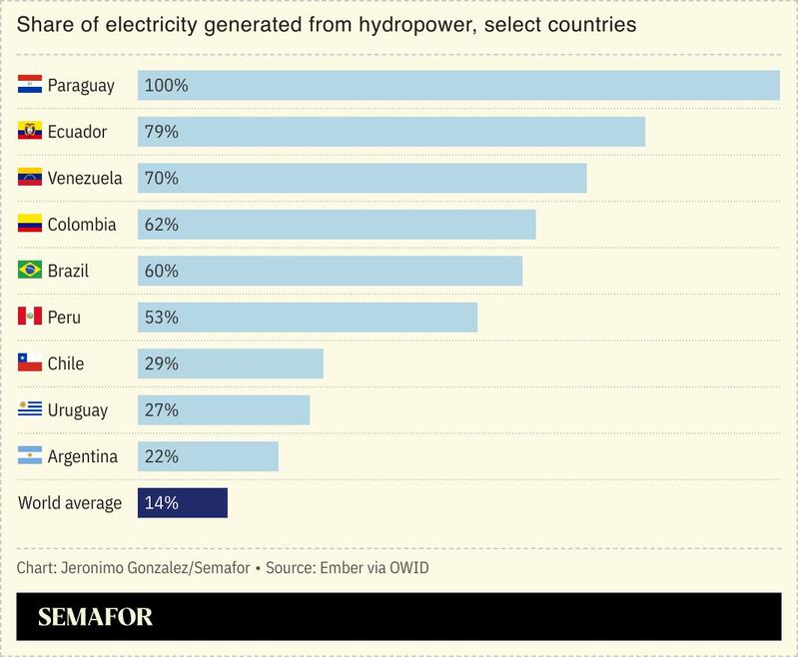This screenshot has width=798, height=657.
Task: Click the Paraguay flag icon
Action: click(x=29, y=86)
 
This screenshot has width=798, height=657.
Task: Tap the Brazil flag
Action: click(x=29, y=271)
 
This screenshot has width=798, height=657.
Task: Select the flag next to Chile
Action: click(x=29, y=363)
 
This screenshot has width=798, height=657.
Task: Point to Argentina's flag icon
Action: click(x=29, y=456)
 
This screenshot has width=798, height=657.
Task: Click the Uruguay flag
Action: click(x=29, y=410)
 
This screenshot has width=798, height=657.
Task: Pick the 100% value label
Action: click(x=166, y=86)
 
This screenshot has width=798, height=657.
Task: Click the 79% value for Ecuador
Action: click(x=162, y=132)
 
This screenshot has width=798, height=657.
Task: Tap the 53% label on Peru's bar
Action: click(x=162, y=318)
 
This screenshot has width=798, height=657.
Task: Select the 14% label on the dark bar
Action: click(x=162, y=503)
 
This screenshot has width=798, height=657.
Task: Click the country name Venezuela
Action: click(x=85, y=179)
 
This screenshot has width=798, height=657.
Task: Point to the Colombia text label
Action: click(x=82, y=225)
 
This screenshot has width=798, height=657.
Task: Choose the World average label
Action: click(x=70, y=503)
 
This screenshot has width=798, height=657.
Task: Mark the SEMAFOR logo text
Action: click(x=96, y=617)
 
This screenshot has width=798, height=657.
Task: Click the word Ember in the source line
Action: click(x=340, y=568)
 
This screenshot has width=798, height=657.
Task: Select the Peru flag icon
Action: click(x=29, y=318)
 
